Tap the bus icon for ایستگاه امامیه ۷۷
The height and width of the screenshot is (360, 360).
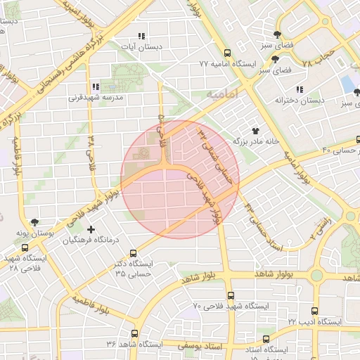[226, 53]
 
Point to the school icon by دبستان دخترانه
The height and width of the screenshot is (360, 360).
[300, 90]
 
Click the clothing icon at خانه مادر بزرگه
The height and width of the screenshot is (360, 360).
[255, 130]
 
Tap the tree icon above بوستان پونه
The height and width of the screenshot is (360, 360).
[36, 221]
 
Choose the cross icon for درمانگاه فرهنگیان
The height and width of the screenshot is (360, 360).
[91, 229]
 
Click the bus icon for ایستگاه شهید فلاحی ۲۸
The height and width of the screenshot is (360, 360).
[25, 248]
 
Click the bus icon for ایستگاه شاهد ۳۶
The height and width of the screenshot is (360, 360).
[136, 333]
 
